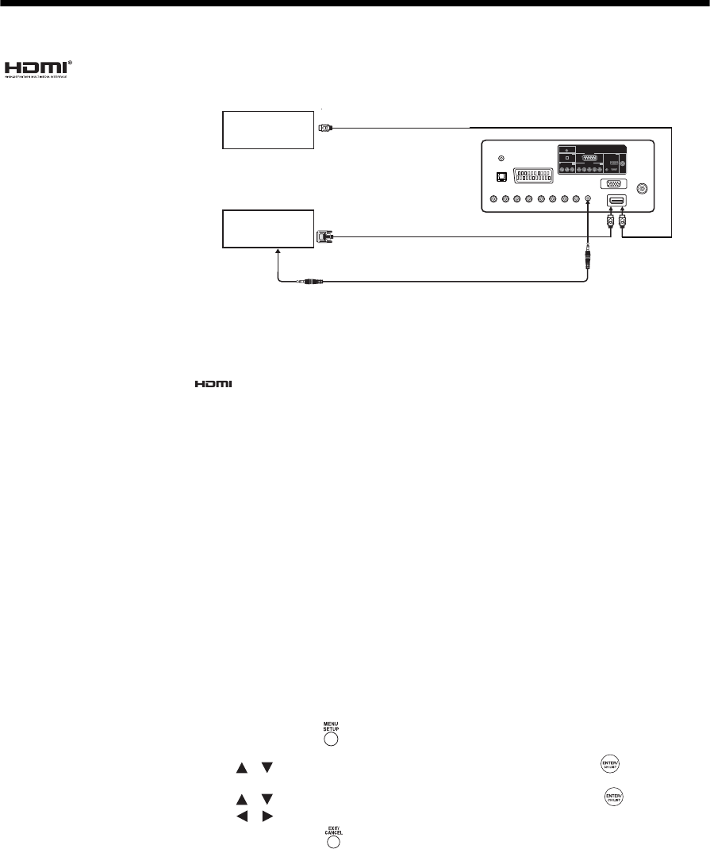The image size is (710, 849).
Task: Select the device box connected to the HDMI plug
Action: click(x=268, y=130)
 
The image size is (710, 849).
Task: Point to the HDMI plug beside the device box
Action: click(x=325, y=127)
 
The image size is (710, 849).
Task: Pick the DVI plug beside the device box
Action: click(x=324, y=235)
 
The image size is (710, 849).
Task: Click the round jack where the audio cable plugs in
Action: click(x=587, y=200)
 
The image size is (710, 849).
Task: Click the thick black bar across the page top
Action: click(x=355, y=3)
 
